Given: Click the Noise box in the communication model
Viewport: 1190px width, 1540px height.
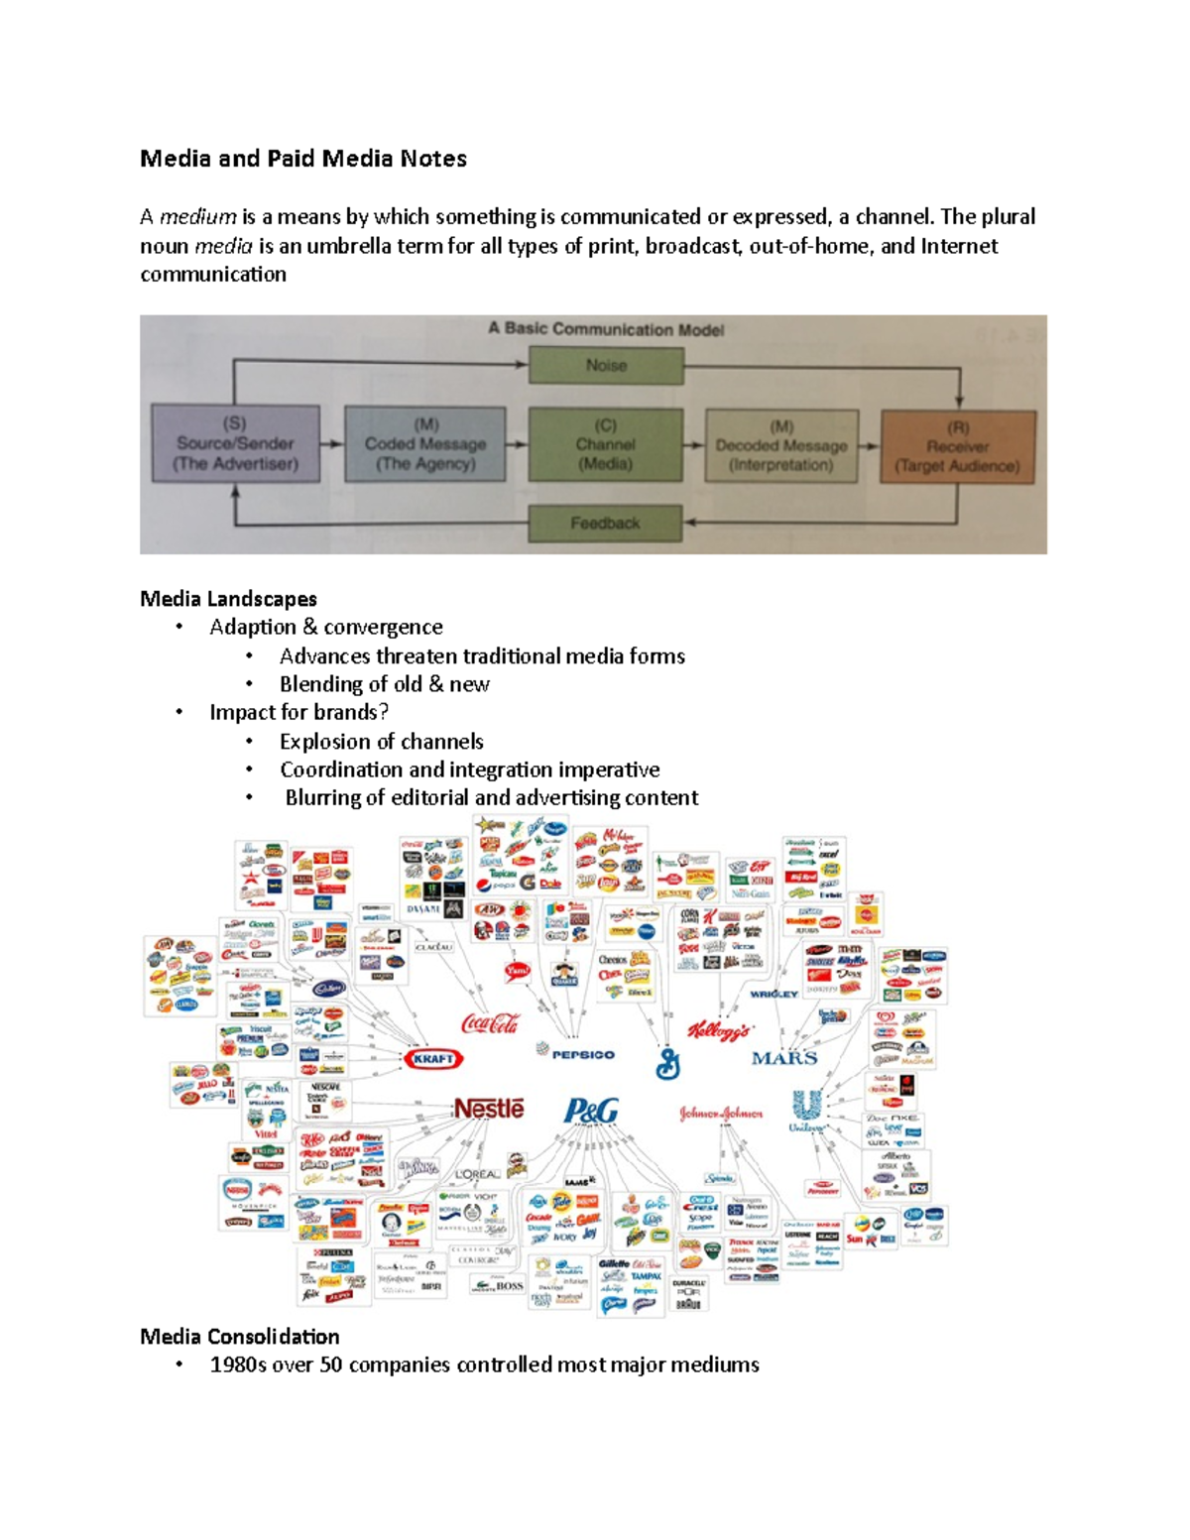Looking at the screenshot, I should pyautogui.click(x=606, y=365).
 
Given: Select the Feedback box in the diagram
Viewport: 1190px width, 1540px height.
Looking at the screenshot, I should pyautogui.click(x=605, y=523).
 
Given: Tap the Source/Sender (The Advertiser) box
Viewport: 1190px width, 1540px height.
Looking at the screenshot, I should pyautogui.click(x=235, y=443).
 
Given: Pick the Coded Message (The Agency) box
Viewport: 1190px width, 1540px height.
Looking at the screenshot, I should pyautogui.click(x=424, y=444).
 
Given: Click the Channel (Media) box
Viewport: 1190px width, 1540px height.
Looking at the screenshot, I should pyautogui.click(x=605, y=444).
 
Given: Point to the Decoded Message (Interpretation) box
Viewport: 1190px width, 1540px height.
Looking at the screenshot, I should pyautogui.click(x=781, y=445).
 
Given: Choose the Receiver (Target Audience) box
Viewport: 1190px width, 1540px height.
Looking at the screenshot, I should pyautogui.click(x=957, y=446).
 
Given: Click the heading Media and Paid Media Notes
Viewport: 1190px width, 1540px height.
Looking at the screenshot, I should pyautogui.click(x=302, y=159).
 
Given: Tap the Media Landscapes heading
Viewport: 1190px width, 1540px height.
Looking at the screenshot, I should pyautogui.click(x=228, y=598).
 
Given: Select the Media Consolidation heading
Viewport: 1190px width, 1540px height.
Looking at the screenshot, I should pyautogui.click(x=239, y=1336).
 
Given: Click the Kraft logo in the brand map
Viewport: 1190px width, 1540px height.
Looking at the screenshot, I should pyautogui.click(x=433, y=1059).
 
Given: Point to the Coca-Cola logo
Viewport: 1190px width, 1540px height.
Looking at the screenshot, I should pyautogui.click(x=491, y=1023).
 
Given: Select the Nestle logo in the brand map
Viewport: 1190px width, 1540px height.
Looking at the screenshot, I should pyautogui.click(x=488, y=1108).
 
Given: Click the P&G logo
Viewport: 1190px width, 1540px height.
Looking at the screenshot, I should pyautogui.click(x=591, y=1111).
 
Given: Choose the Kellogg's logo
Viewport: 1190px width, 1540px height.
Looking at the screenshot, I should pyautogui.click(x=721, y=1030).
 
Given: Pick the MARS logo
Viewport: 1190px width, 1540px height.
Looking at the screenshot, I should pyautogui.click(x=784, y=1058).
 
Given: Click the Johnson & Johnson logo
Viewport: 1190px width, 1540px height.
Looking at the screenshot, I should pyautogui.click(x=721, y=1114).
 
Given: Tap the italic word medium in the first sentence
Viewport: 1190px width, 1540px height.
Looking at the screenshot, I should pyautogui.click(x=198, y=216).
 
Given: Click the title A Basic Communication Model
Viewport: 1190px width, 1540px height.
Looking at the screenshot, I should pyautogui.click(x=606, y=329).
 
